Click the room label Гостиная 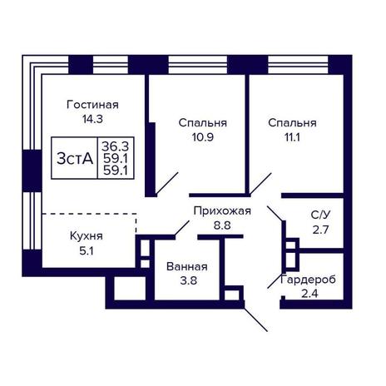coord(92,105)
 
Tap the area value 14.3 coord(92,119)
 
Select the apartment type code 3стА coord(75,159)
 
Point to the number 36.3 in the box coord(115,146)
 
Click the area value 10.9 coord(203,137)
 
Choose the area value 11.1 coord(292,137)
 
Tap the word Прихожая coord(222,210)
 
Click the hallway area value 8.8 coord(222,225)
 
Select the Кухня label coord(87,236)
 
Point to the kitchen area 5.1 coord(87,251)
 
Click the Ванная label coord(187,266)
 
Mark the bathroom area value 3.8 coord(188,280)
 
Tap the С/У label coord(321,215)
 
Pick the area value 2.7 coord(320,230)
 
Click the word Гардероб coord(308,280)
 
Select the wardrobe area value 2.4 coord(309,294)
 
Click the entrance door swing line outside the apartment coord(255,319)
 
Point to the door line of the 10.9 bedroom coord(166,183)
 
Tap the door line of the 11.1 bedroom coord(260,184)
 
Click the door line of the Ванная coord(182,229)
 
